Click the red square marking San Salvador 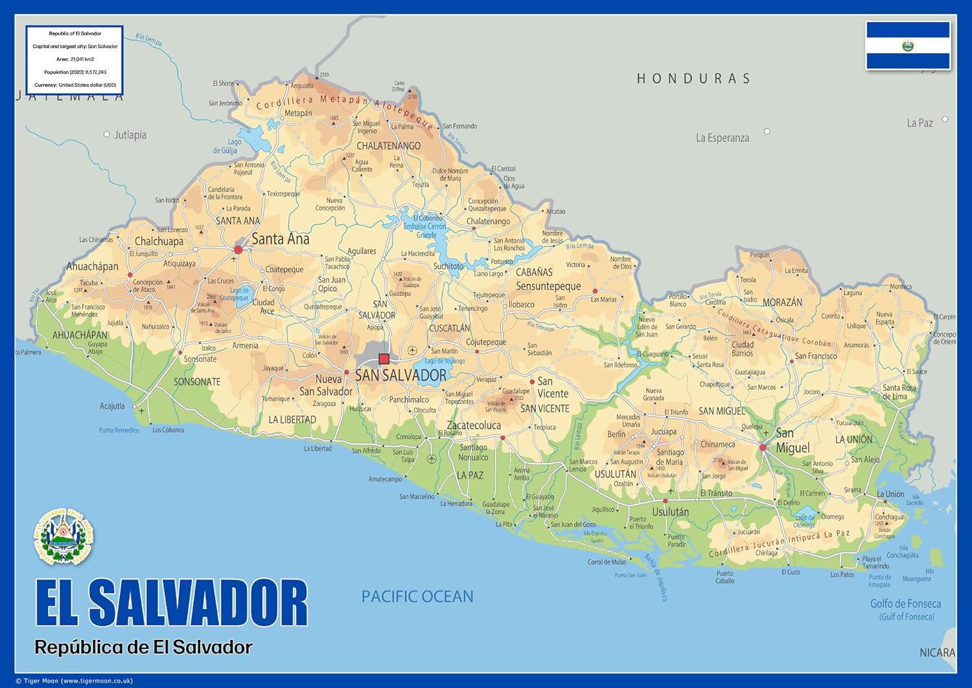[x=384, y=359]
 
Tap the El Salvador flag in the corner [x=908, y=45]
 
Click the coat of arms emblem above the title [x=64, y=536]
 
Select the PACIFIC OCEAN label [x=417, y=597]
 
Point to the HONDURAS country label [x=693, y=79]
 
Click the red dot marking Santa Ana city [x=238, y=250]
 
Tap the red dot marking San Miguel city [x=763, y=447]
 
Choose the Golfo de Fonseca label [x=905, y=604]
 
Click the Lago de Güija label [x=226, y=147]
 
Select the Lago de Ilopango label [x=445, y=361]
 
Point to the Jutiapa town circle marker [x=107, y=135]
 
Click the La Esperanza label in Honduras [x=722, y=138]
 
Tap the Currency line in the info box [x=75, y=85]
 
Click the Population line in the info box [x=75, y=72]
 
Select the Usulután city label [x=670, y=512]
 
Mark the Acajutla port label [x=112, y=406]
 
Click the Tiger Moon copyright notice [x=74, y=681]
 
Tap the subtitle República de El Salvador [x=143, y=647]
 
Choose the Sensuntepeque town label [x=548, y=286]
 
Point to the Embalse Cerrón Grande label [x=425, y=226]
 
